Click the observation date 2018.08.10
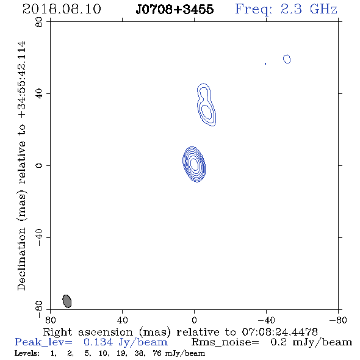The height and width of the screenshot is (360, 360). [x=62, y=9]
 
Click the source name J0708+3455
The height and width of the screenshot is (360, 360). [x=175, y=9]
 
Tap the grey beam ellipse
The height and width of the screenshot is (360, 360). [x=67, y=301]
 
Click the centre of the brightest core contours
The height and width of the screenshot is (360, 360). [x=194, y=164]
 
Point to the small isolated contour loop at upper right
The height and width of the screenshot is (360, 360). [x=287, y=59]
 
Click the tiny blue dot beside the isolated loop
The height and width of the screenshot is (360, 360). [x=265, y=63]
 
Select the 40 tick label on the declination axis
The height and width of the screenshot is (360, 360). [x=40, y=94]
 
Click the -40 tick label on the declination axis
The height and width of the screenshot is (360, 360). [x=40, y=237]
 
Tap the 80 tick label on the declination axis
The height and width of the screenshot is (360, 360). [x=40, y=22]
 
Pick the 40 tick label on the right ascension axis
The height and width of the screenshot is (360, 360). [x=122, y=320]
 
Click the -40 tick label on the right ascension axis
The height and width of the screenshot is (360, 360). [x=266, y=320]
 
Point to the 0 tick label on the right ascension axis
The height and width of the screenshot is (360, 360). [x=194, y=320]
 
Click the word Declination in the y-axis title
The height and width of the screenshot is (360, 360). [x=21, y=259]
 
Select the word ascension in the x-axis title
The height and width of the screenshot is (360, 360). [x=106, y=332]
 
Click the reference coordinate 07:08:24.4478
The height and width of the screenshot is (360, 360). [x=279, y=332]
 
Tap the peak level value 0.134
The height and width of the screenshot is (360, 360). [x=98, y=342]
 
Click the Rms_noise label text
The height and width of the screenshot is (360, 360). [x=225, y=342]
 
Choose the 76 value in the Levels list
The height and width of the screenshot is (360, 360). [x=157, y=353]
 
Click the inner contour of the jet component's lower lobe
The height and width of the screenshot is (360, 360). [x=206, y=112]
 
